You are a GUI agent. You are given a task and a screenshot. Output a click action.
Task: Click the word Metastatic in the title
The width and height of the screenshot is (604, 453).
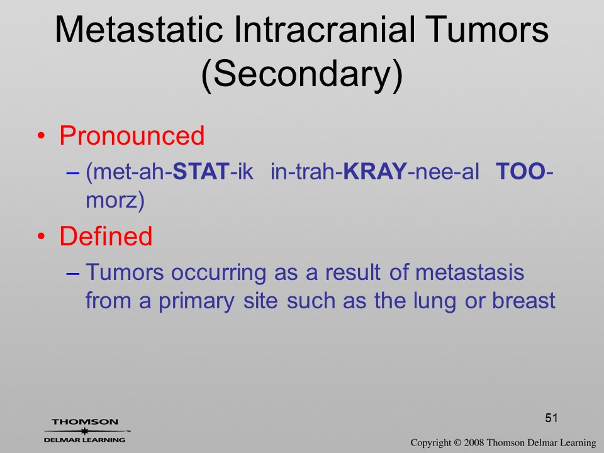point(139,30)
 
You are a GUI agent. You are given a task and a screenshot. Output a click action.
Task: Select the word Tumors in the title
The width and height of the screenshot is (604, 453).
point(487,30)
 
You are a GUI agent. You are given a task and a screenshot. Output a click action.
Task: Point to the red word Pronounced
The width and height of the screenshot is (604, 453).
point(131,136)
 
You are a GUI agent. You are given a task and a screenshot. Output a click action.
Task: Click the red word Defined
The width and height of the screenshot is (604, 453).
point(106,236)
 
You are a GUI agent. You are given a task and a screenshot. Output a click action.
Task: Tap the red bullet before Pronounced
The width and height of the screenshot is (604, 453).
point(42,136)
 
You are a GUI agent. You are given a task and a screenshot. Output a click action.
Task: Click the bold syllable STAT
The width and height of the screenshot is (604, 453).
point(201,171)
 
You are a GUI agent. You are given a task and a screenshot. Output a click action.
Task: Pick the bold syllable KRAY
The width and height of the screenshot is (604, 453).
point(375,171)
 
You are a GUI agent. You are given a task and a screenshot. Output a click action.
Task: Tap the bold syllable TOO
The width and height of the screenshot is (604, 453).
point(520,171)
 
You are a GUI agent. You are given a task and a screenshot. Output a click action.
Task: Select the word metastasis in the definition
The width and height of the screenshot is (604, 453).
point(470,272)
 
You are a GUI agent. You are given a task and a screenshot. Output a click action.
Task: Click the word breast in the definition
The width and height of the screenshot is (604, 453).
point(524,301)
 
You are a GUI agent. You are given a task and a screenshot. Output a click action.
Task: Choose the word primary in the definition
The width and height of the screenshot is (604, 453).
point(196,301)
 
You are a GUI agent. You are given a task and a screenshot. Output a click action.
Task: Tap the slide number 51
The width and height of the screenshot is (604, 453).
point(551,418)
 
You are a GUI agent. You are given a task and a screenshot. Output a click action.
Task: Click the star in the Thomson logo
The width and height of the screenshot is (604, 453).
point(84,431)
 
